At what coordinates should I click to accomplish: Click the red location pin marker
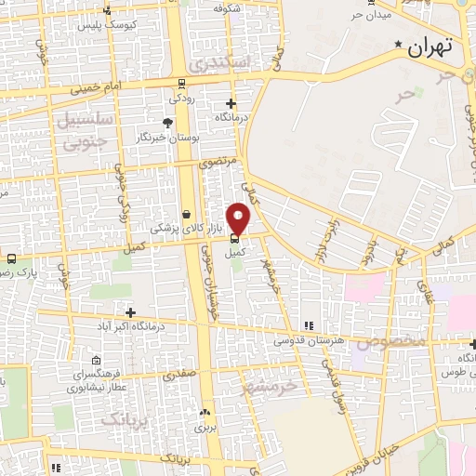tap(239, 218)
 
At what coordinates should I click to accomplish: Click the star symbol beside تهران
tap(399, 45)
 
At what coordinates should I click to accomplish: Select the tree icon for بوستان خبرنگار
tap(167, 122)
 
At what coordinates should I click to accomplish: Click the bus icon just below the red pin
tap(232, 238)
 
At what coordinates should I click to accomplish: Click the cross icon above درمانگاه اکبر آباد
tap(130, 312)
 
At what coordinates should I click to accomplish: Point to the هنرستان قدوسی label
tap(309, 341)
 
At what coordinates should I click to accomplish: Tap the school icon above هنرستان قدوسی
tap(308, 325)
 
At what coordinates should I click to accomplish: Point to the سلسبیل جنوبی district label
tap(84, 130)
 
